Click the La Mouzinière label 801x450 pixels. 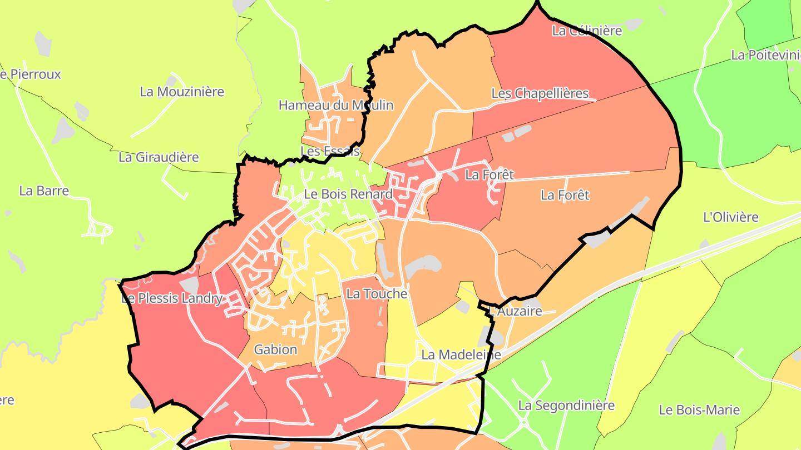click(x=182, y=92)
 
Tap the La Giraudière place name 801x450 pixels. click(x=159, y=157)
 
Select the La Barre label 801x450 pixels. click(x=44, y=191)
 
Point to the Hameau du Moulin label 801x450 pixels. click(x=336, y=105)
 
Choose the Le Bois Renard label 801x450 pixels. click(x=348, y=194)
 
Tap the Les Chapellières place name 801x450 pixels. click(x=540, y=93)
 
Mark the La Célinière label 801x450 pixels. click(x=587, y=31)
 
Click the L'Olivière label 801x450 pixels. click(x=731, y=217)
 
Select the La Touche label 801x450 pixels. click(x=377, y=294)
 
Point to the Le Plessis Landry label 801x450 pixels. click(x=172, y=299)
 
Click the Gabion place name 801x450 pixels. click(x=275, y=350)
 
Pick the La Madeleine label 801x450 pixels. click(x=461, y=354)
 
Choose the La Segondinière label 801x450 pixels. click(x=566, y=406)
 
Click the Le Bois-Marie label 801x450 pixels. click(x=699, y=410)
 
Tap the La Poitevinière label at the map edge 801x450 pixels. click(x=766, y=55)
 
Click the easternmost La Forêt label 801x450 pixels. click(x=565, y=196)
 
